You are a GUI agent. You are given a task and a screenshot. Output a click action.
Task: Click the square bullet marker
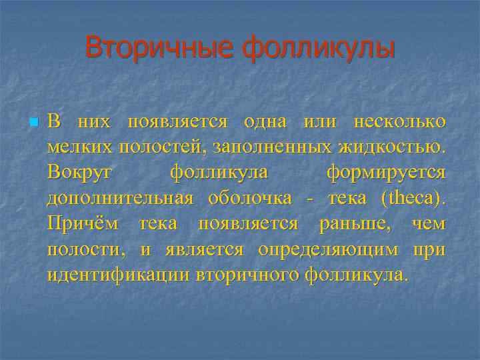pyautogui.click(x=33, y=123)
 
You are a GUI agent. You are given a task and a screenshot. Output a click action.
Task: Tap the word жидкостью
pyautogui.click(x=393, y=147)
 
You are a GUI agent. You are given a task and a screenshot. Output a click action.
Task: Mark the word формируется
pyautogui.click(x=386, y=173)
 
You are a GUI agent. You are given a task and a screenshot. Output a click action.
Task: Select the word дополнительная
pyautogui.click(x=121, y=198)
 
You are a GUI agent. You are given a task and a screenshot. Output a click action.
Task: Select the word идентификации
pyautogui.click(x=117, y=275)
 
